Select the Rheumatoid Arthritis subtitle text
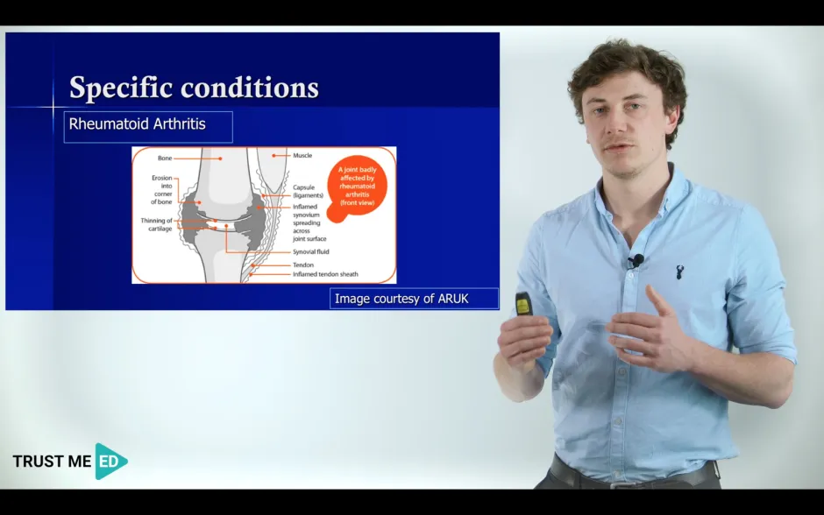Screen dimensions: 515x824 point(138,124)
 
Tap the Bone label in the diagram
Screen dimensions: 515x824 point(165,159)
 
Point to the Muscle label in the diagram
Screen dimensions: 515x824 point(302,156)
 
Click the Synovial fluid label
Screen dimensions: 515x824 point(311,252)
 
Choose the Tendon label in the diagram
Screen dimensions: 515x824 point(303,265)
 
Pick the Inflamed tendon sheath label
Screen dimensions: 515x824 point(325,275)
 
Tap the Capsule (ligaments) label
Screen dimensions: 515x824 point(308,191)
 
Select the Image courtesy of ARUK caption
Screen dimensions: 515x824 point(402,300)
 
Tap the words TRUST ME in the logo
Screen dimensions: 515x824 point(52,462)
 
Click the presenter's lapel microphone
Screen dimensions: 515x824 point(637,260)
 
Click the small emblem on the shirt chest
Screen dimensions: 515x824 point(679,272)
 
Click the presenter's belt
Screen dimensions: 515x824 point(631,477)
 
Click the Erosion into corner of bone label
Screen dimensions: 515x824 point(161,190)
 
